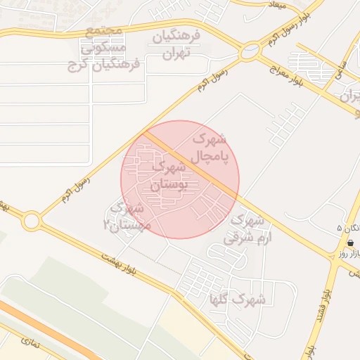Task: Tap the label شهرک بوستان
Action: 169,176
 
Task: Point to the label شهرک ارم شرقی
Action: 243,229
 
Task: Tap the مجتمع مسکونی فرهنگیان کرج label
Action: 103,49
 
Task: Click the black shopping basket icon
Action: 349,242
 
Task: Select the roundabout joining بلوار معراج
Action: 250,51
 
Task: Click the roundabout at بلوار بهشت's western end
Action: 30,221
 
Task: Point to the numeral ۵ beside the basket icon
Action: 340,229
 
